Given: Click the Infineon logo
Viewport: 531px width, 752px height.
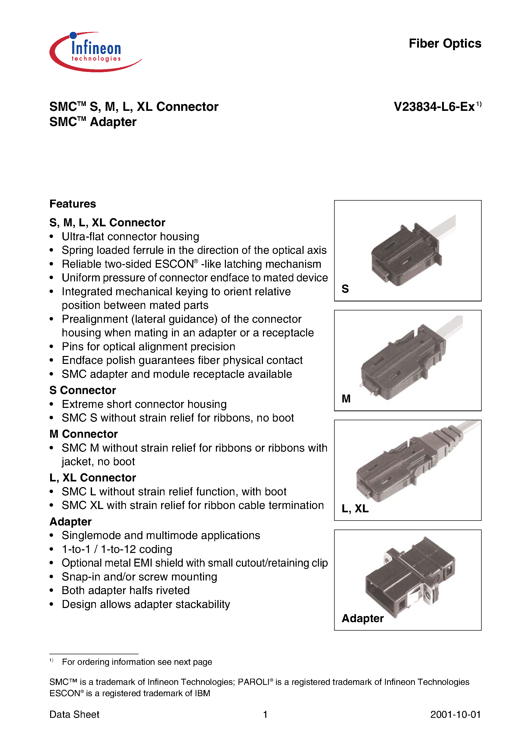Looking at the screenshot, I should coord(95,52).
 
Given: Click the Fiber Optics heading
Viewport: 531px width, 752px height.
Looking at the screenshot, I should coord(445,43).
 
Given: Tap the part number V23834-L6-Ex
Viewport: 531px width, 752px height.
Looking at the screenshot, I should coord(434,107).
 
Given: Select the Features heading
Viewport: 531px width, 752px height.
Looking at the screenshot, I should coord(73,204).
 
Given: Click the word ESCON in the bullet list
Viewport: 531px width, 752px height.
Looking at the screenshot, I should coord(175,264).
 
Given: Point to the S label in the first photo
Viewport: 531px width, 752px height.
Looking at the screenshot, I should coord(345,289).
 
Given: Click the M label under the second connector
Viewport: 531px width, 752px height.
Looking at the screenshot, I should coord(346,399).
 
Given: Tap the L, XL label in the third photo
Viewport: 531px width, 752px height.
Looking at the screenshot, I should coord(355,508).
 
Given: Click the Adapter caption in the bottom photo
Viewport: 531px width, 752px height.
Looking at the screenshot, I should coord(362,618).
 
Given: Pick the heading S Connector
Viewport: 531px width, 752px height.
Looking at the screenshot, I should coord(83,390).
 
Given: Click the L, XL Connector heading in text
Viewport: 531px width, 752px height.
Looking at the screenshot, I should coord(93,478).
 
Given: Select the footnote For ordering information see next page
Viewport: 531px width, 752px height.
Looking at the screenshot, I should coord(137,662).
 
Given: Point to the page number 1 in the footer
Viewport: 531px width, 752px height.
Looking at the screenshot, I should coord(265,714).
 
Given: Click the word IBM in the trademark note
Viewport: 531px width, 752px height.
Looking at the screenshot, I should coord(202,693).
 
